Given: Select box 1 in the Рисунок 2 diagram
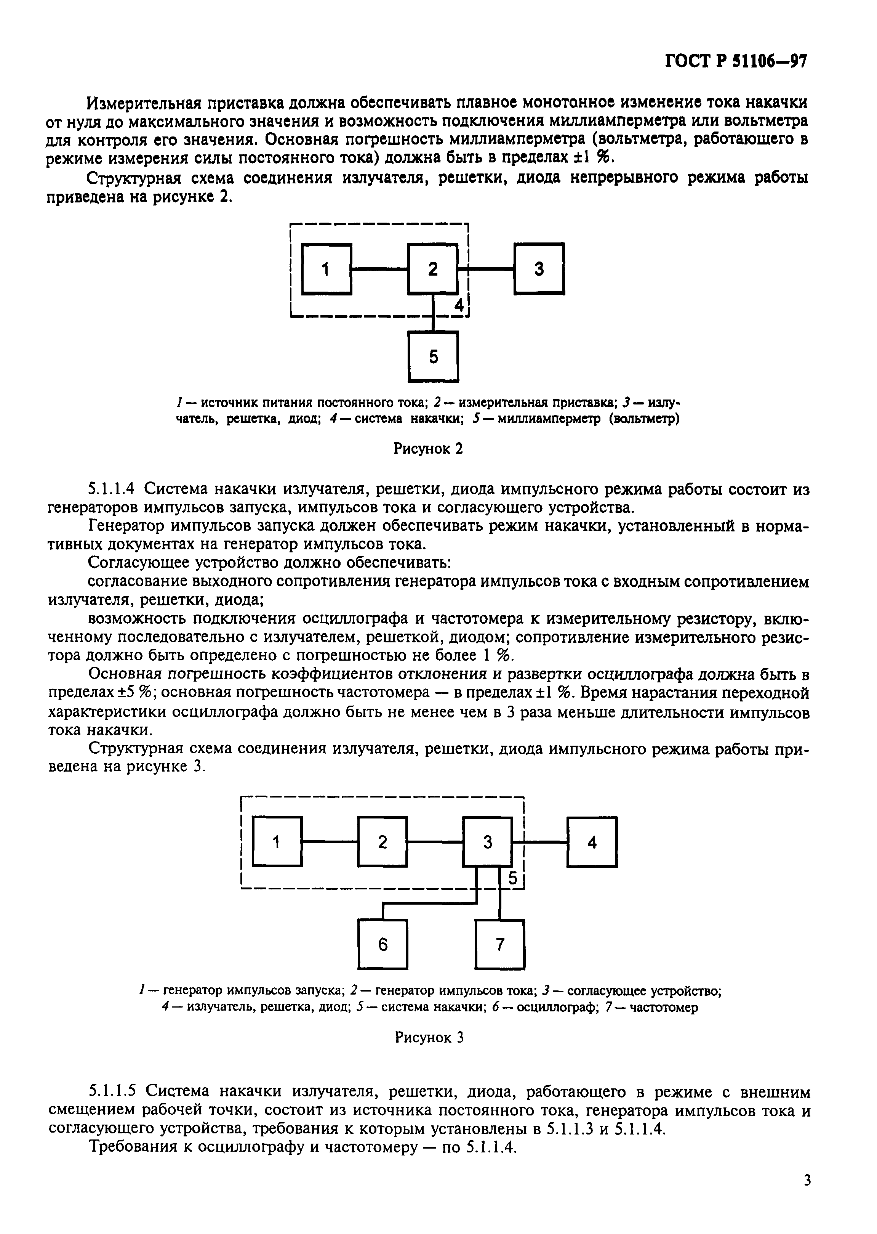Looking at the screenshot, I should coord(326,269).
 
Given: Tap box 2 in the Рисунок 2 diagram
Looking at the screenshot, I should coord(432,269).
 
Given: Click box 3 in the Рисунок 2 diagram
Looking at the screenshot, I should coord(539,269).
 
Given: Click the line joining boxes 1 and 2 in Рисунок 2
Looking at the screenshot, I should coord(379,268).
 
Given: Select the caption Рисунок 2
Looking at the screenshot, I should coord(428,449).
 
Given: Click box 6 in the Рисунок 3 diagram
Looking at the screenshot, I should coord(382,944).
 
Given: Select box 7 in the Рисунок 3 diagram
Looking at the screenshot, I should coord(499,944).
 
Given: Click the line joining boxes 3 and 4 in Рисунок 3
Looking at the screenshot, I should coord(540,842).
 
